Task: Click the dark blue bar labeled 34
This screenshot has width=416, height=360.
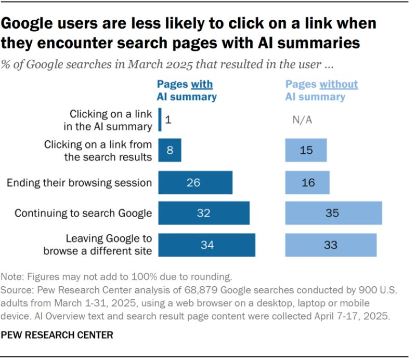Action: (x=206, y=245)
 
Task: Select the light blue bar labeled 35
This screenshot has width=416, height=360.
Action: (x=333, y=213)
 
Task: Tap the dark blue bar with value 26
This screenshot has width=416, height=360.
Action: (x=195, y=182)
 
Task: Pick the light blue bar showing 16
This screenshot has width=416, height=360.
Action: (x=307, y=182)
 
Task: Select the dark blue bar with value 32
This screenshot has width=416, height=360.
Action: (x=203, y=213)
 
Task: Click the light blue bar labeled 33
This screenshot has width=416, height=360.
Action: (x=331, y=245)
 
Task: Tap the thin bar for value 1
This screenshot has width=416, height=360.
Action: (x=160, y=119)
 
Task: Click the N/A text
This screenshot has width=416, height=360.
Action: (x=302, y=120)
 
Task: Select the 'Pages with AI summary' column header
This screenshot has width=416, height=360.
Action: (x=187, y=90)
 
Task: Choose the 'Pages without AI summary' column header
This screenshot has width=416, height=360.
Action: (x=321, y=90)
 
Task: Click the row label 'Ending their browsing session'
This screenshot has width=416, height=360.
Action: (x=79, y=183)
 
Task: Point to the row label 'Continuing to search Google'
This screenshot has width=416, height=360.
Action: (x=83, y=214)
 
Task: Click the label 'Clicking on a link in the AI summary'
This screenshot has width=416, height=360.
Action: (x=111, y=119)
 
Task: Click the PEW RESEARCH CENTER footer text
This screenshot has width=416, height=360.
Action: (x=57, y=335)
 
